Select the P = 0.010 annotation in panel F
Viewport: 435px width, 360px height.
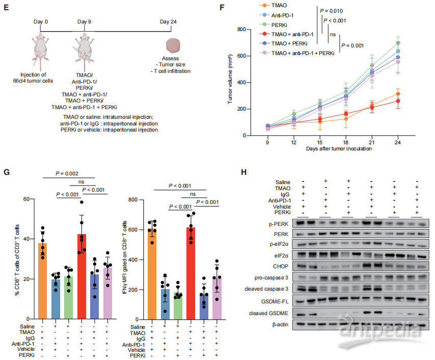point(343,11)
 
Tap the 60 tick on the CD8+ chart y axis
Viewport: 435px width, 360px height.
point(25,199)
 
